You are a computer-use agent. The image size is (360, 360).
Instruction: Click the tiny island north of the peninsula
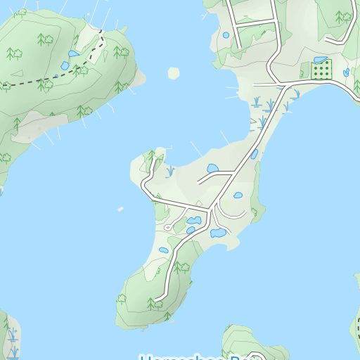click(174, 72)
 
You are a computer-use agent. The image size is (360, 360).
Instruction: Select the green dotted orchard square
click(321, 70)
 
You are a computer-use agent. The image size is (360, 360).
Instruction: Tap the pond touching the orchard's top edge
click(320, 60)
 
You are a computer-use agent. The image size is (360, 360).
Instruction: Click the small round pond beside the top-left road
click(226, 34)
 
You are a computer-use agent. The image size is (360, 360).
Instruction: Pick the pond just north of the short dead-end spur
click(212, 168)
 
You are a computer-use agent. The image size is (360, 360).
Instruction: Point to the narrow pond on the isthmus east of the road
click(254, 154)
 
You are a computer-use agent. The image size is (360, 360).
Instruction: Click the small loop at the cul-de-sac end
click(167, 228)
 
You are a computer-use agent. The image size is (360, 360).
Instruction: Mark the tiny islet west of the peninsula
click(120, 209)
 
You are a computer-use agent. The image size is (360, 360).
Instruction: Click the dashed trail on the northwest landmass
click(77, 69)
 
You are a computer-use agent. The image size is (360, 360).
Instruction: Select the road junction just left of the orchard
click(284, 85)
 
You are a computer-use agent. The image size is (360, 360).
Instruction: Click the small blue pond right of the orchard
click(346, 72)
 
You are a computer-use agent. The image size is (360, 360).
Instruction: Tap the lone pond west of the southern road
click(164, 250)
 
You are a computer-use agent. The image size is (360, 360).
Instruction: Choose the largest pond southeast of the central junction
click(217, 233)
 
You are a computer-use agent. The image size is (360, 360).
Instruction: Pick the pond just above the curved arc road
click(238, 195)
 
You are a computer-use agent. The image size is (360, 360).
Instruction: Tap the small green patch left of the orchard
click(305, 71)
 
